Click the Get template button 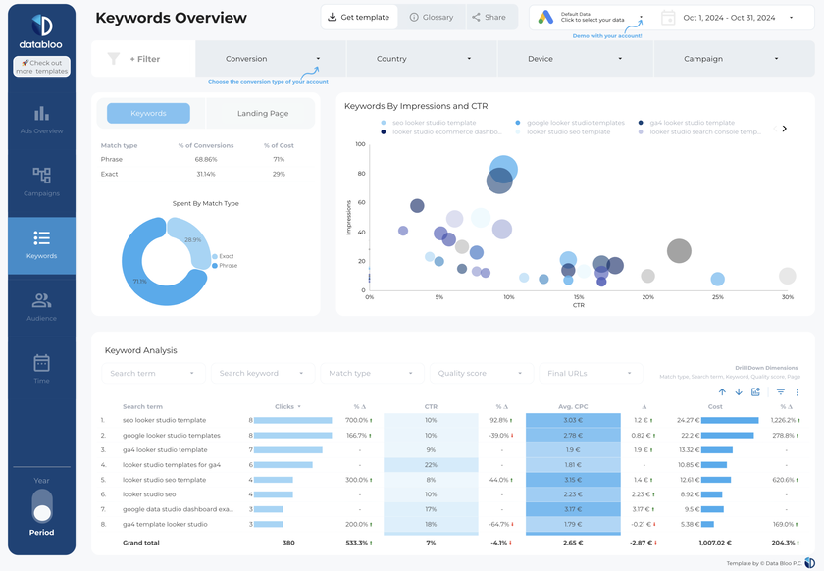click(x=359, y=18)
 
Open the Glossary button click(x=432, y=18)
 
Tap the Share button click(x=489, y=18)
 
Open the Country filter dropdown click(x=423, y=59)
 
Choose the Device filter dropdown click(x=575, y=59)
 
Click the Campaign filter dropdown click(x=731, y=59)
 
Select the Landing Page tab click(x=263, y=114)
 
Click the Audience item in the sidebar click(x=41, y=307)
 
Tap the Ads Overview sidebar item click(x=41, y=120)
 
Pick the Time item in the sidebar click(x=41, y=369)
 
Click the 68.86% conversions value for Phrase click(x=205, y=159)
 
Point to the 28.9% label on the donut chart click(x=193, y=239)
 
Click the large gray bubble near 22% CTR click(x=679, y=251)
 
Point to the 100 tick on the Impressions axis click(x=360, y=144)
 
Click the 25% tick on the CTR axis click(x=717, y=297)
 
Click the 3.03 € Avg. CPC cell click(x=573, y=420)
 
